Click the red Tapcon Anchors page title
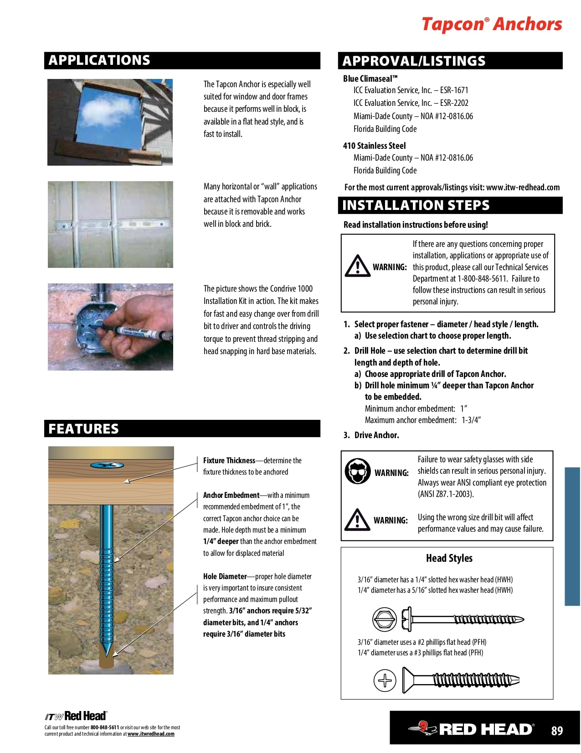pos(492,24)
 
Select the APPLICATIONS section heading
pos(99,60)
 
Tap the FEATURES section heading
pos(83,429)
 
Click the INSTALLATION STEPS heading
pos(416,205)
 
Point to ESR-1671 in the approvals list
pos(454,90)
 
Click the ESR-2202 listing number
pos(454,103)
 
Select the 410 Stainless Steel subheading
pos(374,146)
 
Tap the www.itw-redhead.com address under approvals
pos(523,187)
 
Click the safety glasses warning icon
pos(358,471)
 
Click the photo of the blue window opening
pos(110,122)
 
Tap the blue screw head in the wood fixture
pos(107,465)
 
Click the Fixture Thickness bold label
pos(229,460)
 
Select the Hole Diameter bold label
pos(225,576)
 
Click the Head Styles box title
pos(449,558)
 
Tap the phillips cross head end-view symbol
pos(385,680)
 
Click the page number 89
pos(557,731)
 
